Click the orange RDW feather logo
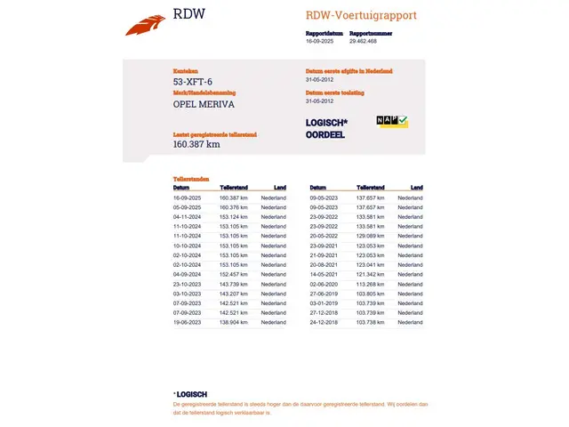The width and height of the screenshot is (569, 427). (146, 24)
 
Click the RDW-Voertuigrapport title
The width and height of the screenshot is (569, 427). (361, 15)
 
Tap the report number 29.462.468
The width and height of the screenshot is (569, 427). (363, 41)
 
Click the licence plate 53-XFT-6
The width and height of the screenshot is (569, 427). (193, 82)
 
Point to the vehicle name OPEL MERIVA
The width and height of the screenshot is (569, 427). (204, 104)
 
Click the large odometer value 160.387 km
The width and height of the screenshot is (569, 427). (196, 144)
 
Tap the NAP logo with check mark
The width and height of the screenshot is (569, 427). (391, 121)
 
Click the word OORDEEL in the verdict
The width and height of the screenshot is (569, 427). (325, 135)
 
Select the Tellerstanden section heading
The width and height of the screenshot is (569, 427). (191, 179)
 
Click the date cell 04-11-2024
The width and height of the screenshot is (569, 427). (188, 216)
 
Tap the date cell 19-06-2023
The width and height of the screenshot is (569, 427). (188, 322)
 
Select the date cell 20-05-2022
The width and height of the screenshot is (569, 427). (324, 236)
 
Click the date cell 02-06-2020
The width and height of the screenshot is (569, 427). (324, 284)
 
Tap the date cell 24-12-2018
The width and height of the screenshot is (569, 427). (324, 322)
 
